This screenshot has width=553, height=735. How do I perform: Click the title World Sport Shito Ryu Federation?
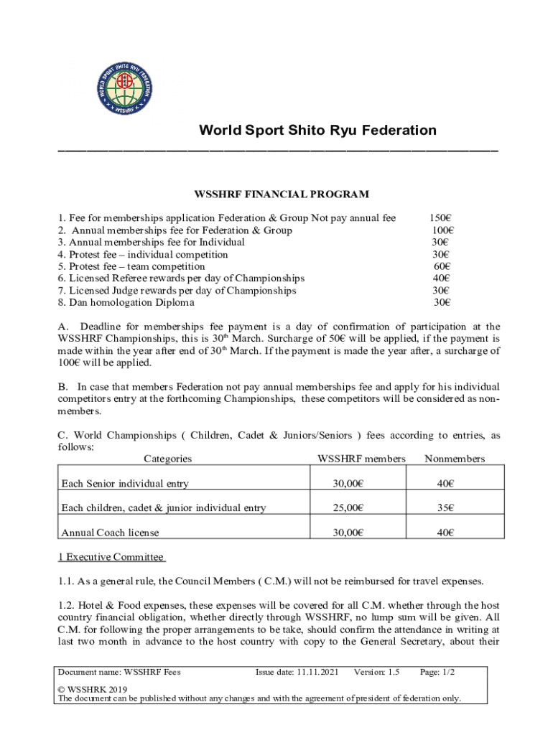click(317, 131)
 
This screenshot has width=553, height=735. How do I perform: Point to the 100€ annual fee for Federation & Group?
click(442, 230)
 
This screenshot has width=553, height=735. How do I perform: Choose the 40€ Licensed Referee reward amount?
click(441, 278)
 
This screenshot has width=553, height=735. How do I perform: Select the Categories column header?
click(167, 459)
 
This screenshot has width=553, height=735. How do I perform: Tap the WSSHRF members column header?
click(361, 459)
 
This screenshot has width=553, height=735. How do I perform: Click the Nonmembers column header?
click(455, 459)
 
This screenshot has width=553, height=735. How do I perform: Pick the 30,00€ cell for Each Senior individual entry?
click(348, 484)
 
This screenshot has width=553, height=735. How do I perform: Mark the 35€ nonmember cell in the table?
click(445, 508)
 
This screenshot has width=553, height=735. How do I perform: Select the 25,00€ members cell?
click(348, 508)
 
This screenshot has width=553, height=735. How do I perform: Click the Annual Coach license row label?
click(110, 533)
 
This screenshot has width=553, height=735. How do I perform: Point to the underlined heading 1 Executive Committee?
click(111, 557)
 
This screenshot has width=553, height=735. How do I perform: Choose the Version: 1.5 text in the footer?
click(376, 673)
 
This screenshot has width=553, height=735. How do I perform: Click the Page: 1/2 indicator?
click(437, 673)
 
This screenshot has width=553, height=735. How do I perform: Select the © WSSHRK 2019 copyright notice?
click(91, 688)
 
